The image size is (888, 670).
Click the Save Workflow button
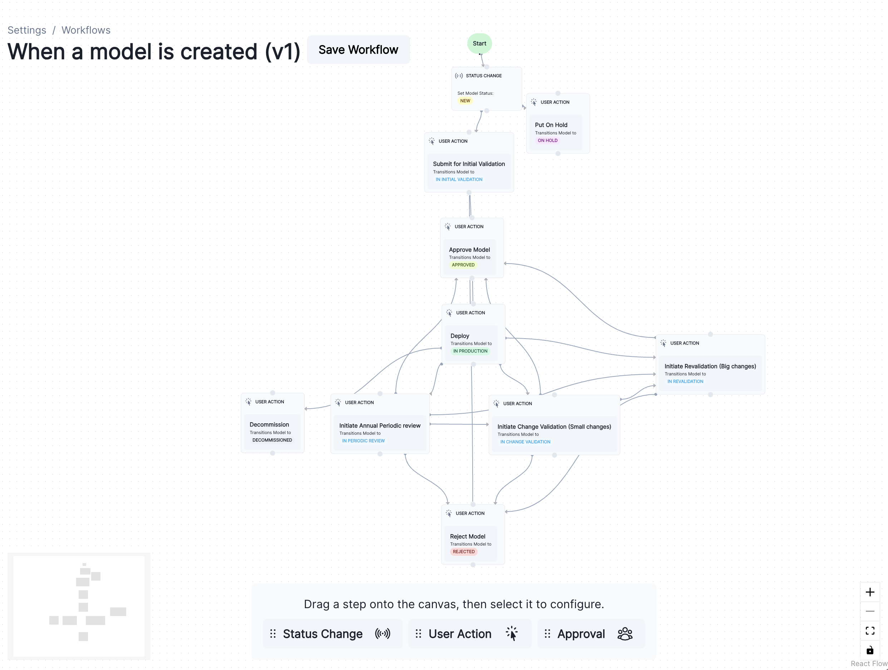358,50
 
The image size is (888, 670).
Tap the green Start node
479,43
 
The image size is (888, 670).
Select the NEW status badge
465,101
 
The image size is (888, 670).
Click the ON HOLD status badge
548,141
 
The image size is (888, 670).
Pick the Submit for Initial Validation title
469,164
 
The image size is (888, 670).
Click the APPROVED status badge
463,265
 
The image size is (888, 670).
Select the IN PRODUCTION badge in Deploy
470,351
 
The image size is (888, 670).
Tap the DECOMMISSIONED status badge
272,440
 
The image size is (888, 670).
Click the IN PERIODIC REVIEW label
363,441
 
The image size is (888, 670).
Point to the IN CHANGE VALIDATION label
525,442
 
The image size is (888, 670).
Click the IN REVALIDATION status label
685,381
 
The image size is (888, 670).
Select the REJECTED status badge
464,552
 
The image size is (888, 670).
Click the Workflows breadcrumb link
86,30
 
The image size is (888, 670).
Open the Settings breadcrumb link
27,30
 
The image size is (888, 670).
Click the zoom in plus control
869,592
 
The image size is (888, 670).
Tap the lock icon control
869,650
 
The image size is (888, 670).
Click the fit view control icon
869,631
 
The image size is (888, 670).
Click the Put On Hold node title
551,125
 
